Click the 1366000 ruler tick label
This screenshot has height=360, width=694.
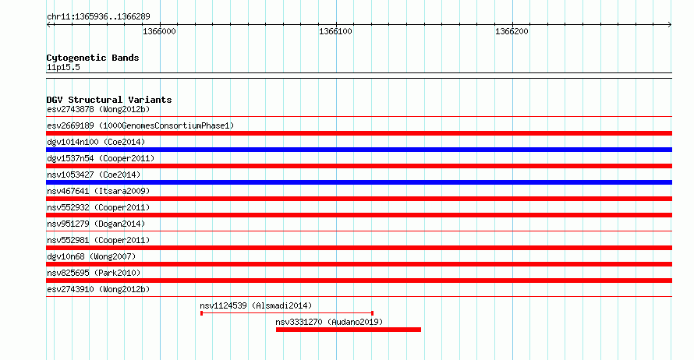159,31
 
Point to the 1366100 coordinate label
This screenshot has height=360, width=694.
335,31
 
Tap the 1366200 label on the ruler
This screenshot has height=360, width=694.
512,31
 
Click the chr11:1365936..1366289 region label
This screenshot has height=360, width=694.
98,16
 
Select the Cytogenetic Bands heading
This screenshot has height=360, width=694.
93,58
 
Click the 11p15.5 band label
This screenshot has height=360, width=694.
63,67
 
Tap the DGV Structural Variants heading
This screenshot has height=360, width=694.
109,100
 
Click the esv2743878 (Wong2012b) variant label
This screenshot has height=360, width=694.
98,109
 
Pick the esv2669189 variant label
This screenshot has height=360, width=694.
140,125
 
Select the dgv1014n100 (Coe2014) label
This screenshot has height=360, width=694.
96,142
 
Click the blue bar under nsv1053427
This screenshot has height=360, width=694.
359,182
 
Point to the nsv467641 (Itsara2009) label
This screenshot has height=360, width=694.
98,191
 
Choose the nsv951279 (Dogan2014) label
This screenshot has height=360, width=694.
96,224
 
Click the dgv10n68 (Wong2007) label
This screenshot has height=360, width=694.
91,256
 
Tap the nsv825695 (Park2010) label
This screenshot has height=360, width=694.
94,273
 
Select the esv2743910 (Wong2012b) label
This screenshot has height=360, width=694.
98,289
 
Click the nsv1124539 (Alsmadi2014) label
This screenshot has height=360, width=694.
256,305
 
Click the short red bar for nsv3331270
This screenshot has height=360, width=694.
349,330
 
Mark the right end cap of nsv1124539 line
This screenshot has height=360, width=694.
372,313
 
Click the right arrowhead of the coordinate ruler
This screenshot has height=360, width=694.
670,24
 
